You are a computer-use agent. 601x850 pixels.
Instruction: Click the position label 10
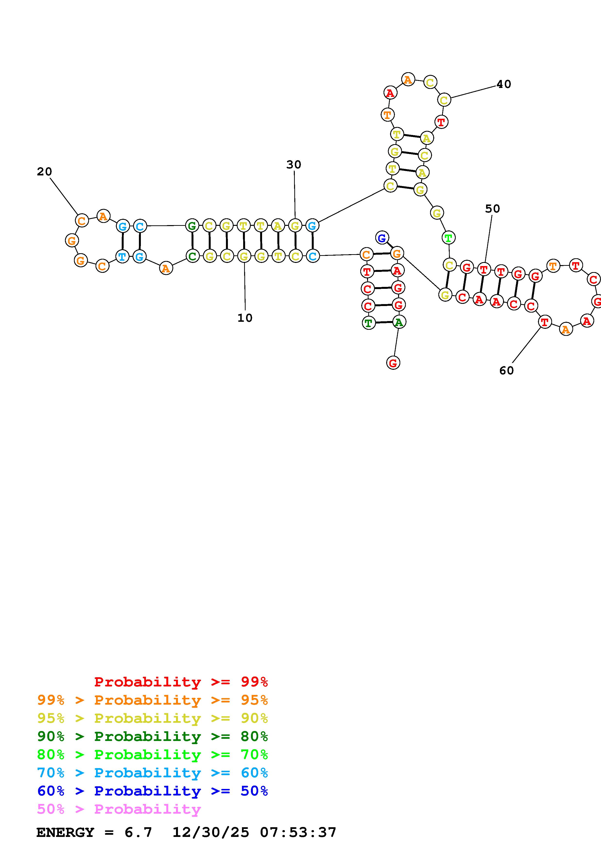tap(245, 318)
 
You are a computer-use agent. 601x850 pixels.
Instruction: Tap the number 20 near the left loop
tap(44, 171)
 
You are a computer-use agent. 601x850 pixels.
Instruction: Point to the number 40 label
tap(504, 84)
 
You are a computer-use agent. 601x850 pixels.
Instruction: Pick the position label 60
tap(507, 370)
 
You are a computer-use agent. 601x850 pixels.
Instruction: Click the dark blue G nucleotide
tap(382, 238)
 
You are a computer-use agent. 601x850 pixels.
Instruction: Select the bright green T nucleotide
tap(449, 238)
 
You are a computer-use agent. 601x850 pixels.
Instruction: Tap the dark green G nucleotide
tap(192, 225)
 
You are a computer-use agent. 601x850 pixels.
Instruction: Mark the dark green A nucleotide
tap(399, 322)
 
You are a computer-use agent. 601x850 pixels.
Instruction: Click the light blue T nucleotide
tap(122, 256)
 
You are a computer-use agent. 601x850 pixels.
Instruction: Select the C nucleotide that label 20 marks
tap(82, 221)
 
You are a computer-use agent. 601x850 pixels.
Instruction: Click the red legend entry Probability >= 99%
tap(181, 682)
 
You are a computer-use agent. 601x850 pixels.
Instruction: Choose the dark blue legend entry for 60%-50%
tap(152, 791)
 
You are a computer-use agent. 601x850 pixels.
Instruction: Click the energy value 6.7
tap(138, 833)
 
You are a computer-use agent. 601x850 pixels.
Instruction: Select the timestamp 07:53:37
tap(298, 833)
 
